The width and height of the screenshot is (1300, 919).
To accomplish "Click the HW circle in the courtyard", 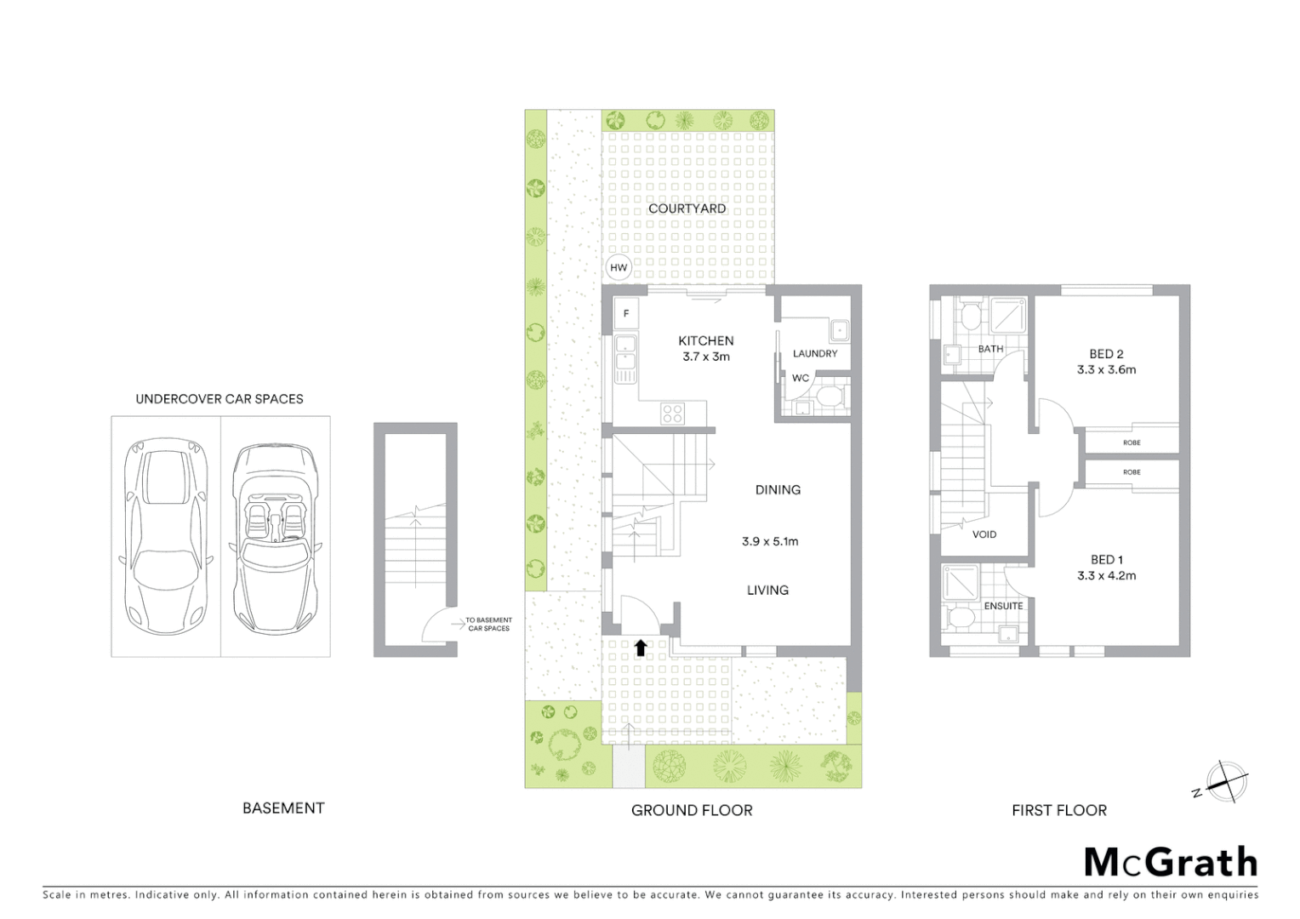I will point(619,268).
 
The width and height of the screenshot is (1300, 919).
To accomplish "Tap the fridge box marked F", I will point(626,314).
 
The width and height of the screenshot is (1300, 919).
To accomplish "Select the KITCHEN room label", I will point(705,340).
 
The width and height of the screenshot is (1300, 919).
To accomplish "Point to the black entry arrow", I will point(641,648).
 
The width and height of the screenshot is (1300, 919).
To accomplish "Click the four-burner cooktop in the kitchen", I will point(672,414).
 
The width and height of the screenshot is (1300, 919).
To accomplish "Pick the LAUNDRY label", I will point(815,354).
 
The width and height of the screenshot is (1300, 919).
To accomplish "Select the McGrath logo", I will point(1171,862).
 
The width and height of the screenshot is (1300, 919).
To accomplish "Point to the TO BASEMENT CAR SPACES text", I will point(488,625).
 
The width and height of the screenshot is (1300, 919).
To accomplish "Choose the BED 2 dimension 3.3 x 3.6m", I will point(1106,370).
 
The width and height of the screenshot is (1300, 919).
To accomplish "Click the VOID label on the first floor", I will point(984,534).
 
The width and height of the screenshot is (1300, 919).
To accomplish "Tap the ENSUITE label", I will point(1003,606).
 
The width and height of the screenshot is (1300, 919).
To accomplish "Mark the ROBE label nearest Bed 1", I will point(1131,472).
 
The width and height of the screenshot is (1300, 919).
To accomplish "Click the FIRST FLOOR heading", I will point(1059,811).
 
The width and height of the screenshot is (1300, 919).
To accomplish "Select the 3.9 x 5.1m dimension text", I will point(770,541).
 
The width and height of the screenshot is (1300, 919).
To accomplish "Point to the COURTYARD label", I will point(687,208).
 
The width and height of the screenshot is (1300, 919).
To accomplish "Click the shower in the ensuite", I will point(960,583).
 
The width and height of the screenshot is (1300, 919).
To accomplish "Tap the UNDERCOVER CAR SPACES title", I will point(220,399).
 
